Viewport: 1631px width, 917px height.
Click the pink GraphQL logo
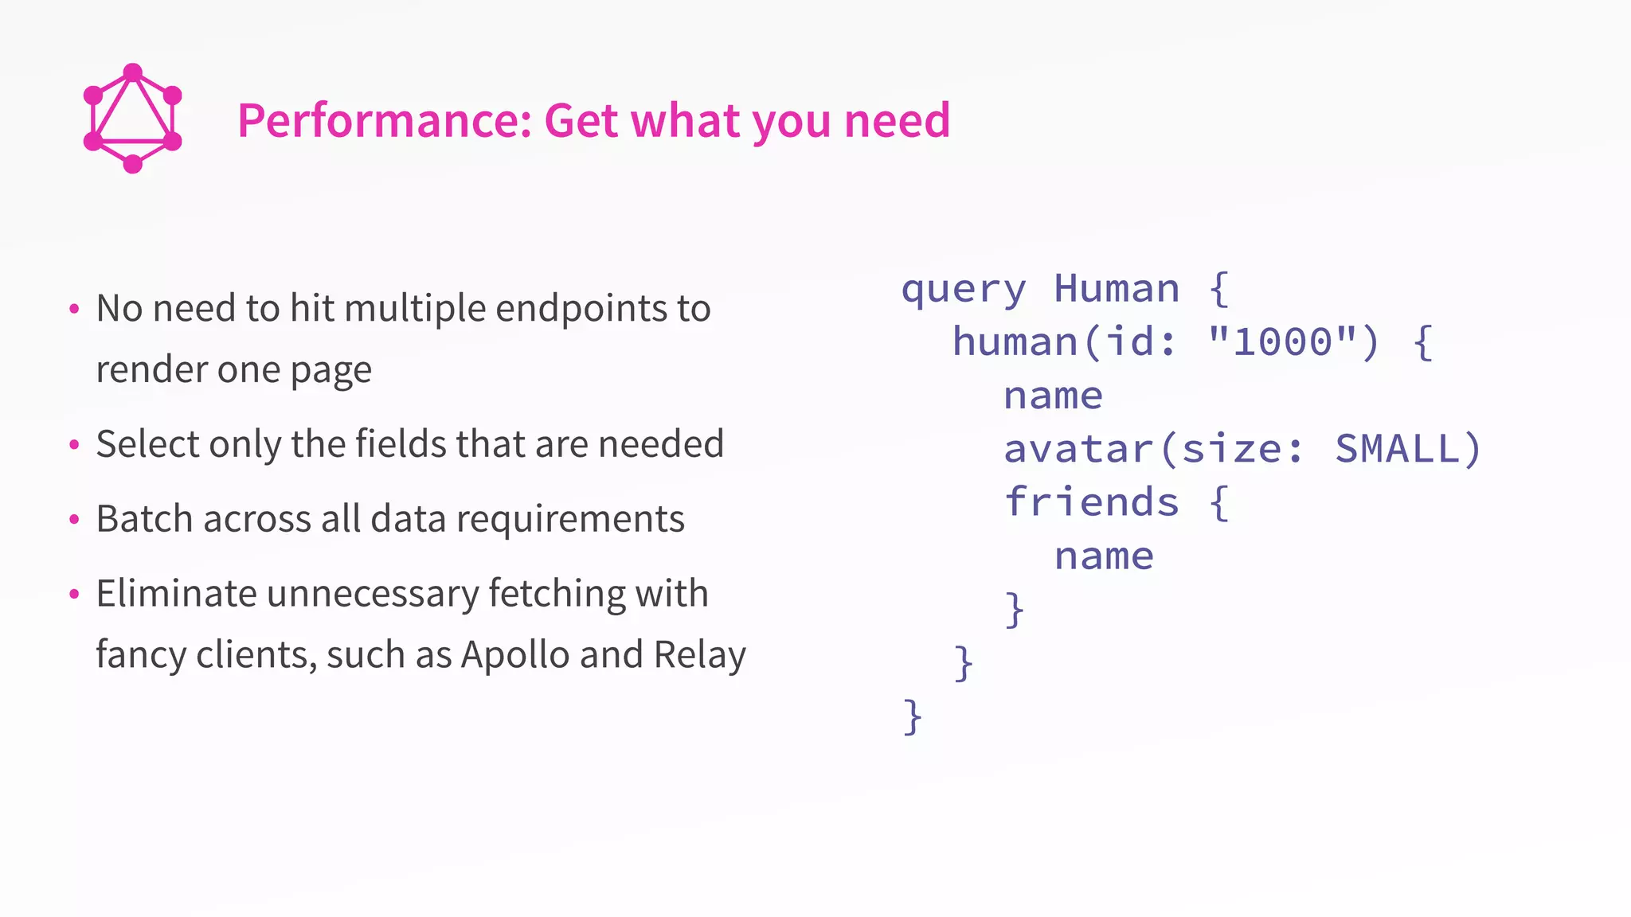pos(132,118)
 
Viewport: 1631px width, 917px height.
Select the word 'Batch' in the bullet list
pos(146,519)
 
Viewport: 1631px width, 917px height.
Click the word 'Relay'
pos(699,654)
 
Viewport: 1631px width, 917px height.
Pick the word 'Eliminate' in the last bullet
pos(176,594)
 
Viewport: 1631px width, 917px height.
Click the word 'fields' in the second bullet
pos(400,444)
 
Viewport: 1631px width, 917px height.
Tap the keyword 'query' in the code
pos(964,289)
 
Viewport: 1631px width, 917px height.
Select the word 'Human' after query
pos(1117,288)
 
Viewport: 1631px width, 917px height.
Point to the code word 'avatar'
pos(1078,449)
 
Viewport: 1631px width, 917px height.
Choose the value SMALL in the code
pos(1398,448)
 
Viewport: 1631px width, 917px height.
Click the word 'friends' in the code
pos(1091,502)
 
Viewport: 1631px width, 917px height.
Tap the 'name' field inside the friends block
pos(1104,556)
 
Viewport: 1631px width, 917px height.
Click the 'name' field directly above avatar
pos(1053,396)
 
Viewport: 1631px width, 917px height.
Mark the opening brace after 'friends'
pos(1219,503)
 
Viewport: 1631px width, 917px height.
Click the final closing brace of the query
pos(913,716)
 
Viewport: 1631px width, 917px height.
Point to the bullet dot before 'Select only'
pos(74,445)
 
